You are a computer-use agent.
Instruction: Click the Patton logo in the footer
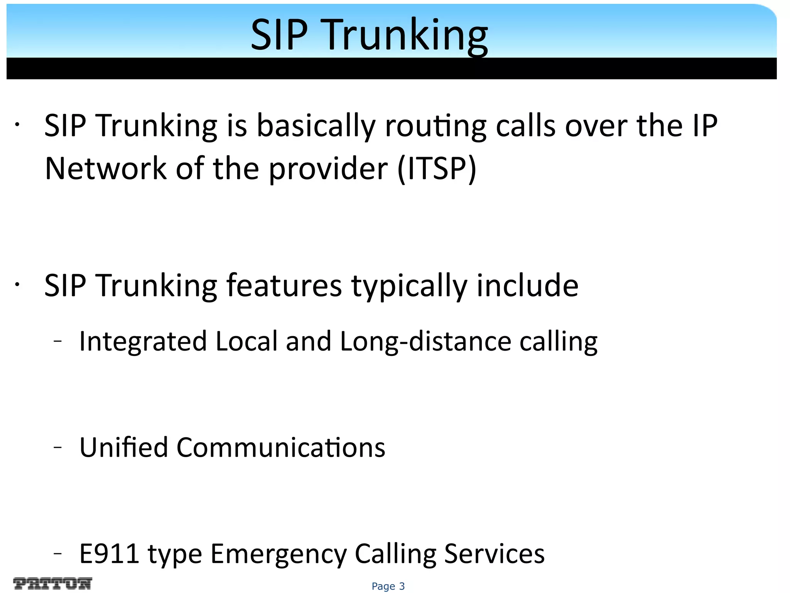[52, 583]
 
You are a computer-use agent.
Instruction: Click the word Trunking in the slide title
[407, 36]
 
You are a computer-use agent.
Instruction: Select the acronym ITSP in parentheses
[437, 169]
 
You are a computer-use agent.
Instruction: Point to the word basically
[316, 126]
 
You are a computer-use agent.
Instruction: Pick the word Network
[105, 169]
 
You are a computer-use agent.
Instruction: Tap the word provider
[328, 169]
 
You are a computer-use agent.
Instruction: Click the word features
[284, 286]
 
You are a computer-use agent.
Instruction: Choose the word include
[527, 286]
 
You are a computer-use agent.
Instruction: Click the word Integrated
[143, 342]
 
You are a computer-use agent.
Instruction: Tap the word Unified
[123, 447]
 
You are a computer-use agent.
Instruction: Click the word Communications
[280, 447]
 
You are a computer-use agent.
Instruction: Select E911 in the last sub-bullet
[109, 554]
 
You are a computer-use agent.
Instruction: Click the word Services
[494, 554]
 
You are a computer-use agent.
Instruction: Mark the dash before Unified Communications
[58, 447]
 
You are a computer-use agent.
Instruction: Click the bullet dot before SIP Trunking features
[17, 285]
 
